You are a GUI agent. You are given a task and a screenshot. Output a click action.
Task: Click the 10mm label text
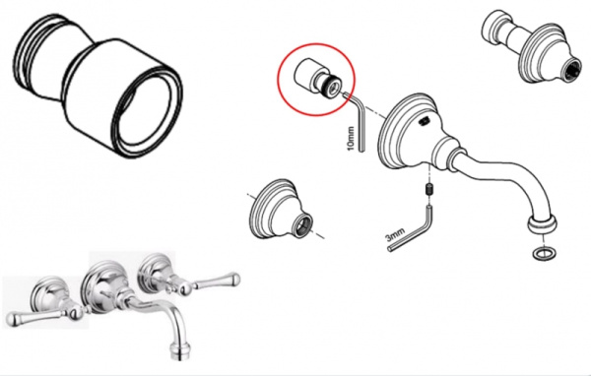point(351,136)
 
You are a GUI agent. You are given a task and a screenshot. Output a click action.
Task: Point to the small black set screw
point(429,190)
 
